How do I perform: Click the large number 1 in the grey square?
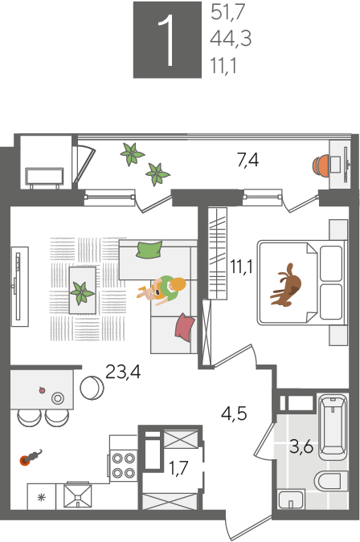point(167,40)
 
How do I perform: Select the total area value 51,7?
point(227,12)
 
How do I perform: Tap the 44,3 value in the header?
point(231,38)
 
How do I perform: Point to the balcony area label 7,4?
point(248,160)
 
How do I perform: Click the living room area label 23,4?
point(123,373)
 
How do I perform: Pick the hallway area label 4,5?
point(234,413)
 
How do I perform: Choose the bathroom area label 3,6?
point(301,447)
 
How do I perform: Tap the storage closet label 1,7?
point(178,468)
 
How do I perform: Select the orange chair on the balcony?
point(321,166)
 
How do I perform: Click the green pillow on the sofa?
point(149,250)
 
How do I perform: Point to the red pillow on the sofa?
point(185,327)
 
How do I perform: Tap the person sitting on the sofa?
point(164,290)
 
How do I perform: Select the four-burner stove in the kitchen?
point(124,465)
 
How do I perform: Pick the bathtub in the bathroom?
point(333,426)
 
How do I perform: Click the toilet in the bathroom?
point(331,480)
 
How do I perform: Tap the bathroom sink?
point(291,499)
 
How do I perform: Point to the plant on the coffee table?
point(82,293)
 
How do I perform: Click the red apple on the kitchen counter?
point(43,390)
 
